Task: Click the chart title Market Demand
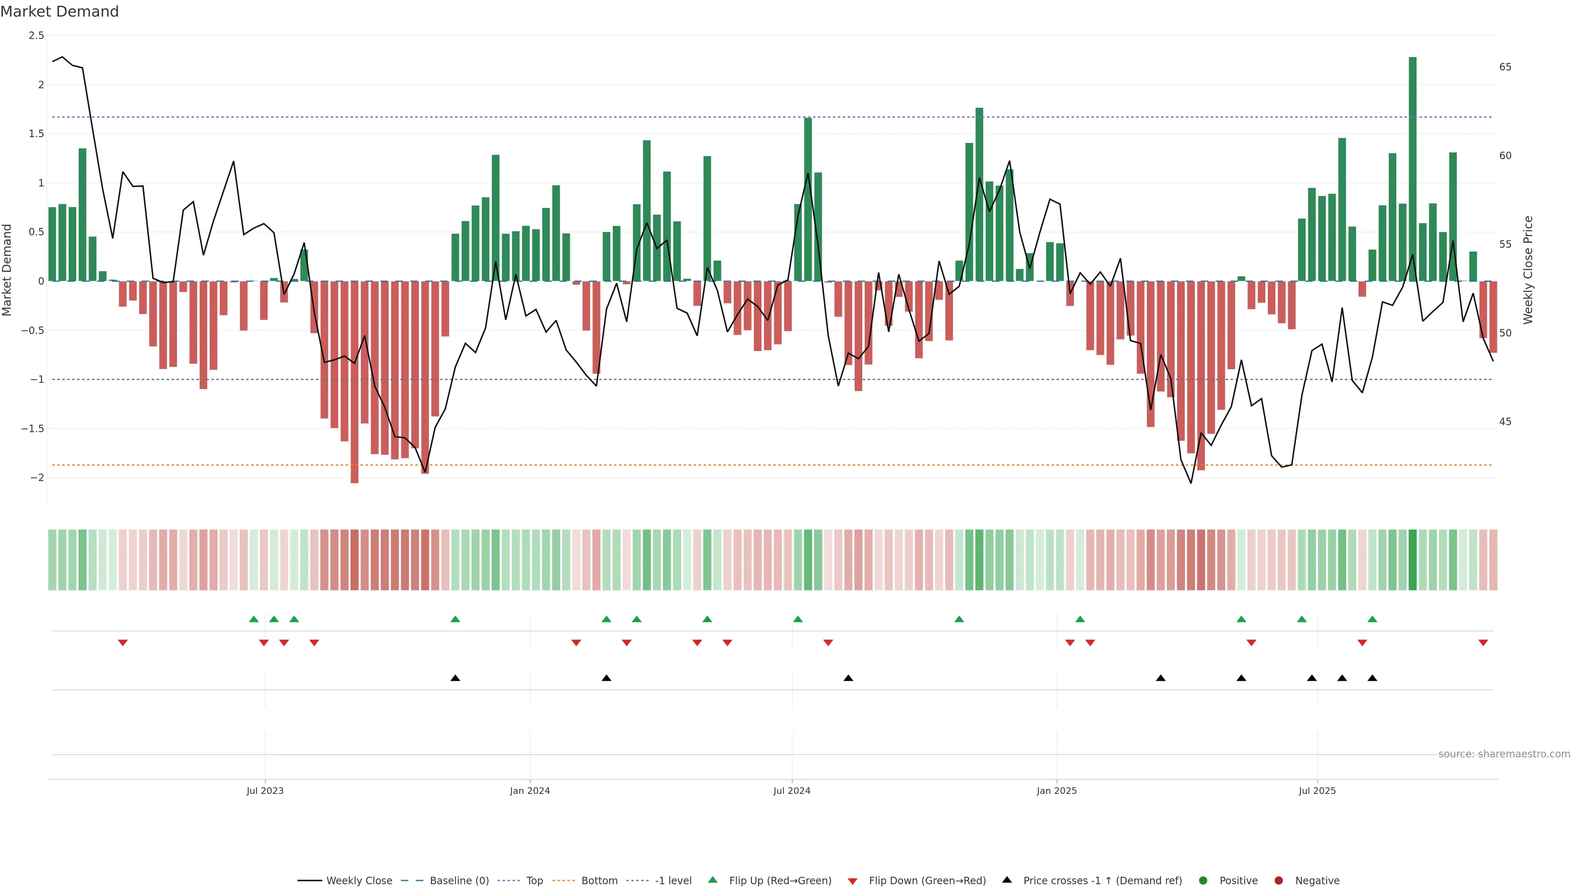[59, 12]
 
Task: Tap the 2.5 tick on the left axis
[36, 36]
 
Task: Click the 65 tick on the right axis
[1505, 67]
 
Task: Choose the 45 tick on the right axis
[1505, 422]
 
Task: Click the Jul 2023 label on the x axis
[265, 791]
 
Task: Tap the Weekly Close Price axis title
[1528, 270]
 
